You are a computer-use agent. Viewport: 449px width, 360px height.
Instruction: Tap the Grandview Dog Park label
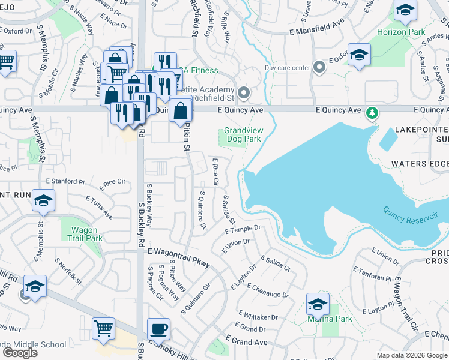pos(243,134)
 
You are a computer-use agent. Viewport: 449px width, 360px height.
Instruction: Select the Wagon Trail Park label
pos(83,234)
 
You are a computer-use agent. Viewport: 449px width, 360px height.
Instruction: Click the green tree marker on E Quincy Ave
pos(372,112)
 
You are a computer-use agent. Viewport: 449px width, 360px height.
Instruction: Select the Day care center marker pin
pos(319,68)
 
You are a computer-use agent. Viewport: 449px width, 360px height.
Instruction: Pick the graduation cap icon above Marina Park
pos(318,304)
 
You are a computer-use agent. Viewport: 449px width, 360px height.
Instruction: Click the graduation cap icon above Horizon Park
pos(406,10)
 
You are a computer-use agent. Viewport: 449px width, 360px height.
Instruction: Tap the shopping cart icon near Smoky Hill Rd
pos(103,329)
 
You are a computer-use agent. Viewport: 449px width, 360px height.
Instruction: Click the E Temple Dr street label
pos(243,229)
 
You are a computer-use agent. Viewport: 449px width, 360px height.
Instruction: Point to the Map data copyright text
pos(411,355)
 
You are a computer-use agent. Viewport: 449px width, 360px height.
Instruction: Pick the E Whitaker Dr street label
pos(258,316)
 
